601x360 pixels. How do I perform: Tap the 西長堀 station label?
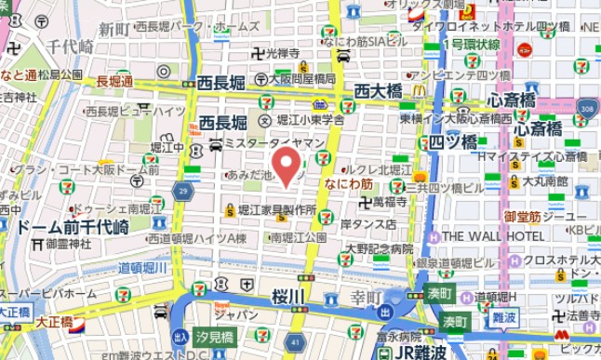tap(222, 123)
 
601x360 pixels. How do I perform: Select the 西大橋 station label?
tap(378, 91)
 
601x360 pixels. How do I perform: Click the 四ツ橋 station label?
tap(453, 142)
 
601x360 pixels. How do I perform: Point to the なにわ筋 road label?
tap(348, 185)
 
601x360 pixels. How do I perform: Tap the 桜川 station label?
tap(288, 297)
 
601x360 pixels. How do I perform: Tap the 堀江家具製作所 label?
tap(276, 211)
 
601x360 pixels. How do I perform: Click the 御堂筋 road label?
tap(522, 217)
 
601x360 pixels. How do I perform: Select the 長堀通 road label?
tap(114, 82)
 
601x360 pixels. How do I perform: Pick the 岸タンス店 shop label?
tap(367, 224)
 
